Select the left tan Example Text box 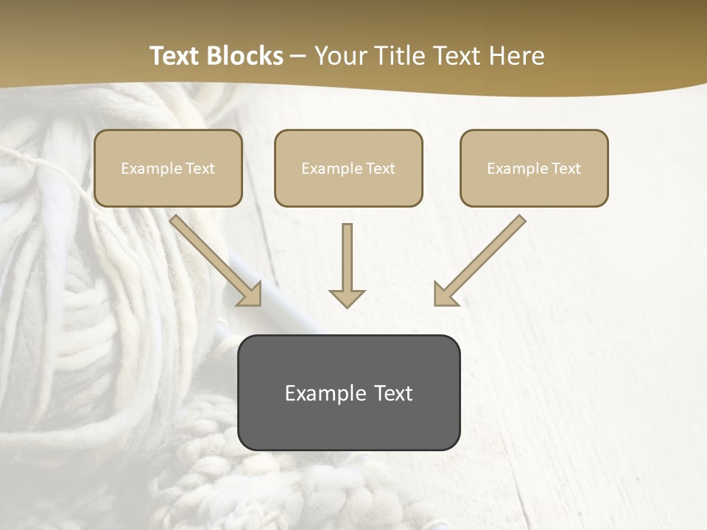(168, 169)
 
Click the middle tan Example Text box (348, 169)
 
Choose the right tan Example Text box (534, 169)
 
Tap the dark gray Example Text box (348, 393)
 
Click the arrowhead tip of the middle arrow (347, 305)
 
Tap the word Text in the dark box (393, 393)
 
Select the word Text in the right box (566, 169)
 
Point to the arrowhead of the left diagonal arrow (251, 294)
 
